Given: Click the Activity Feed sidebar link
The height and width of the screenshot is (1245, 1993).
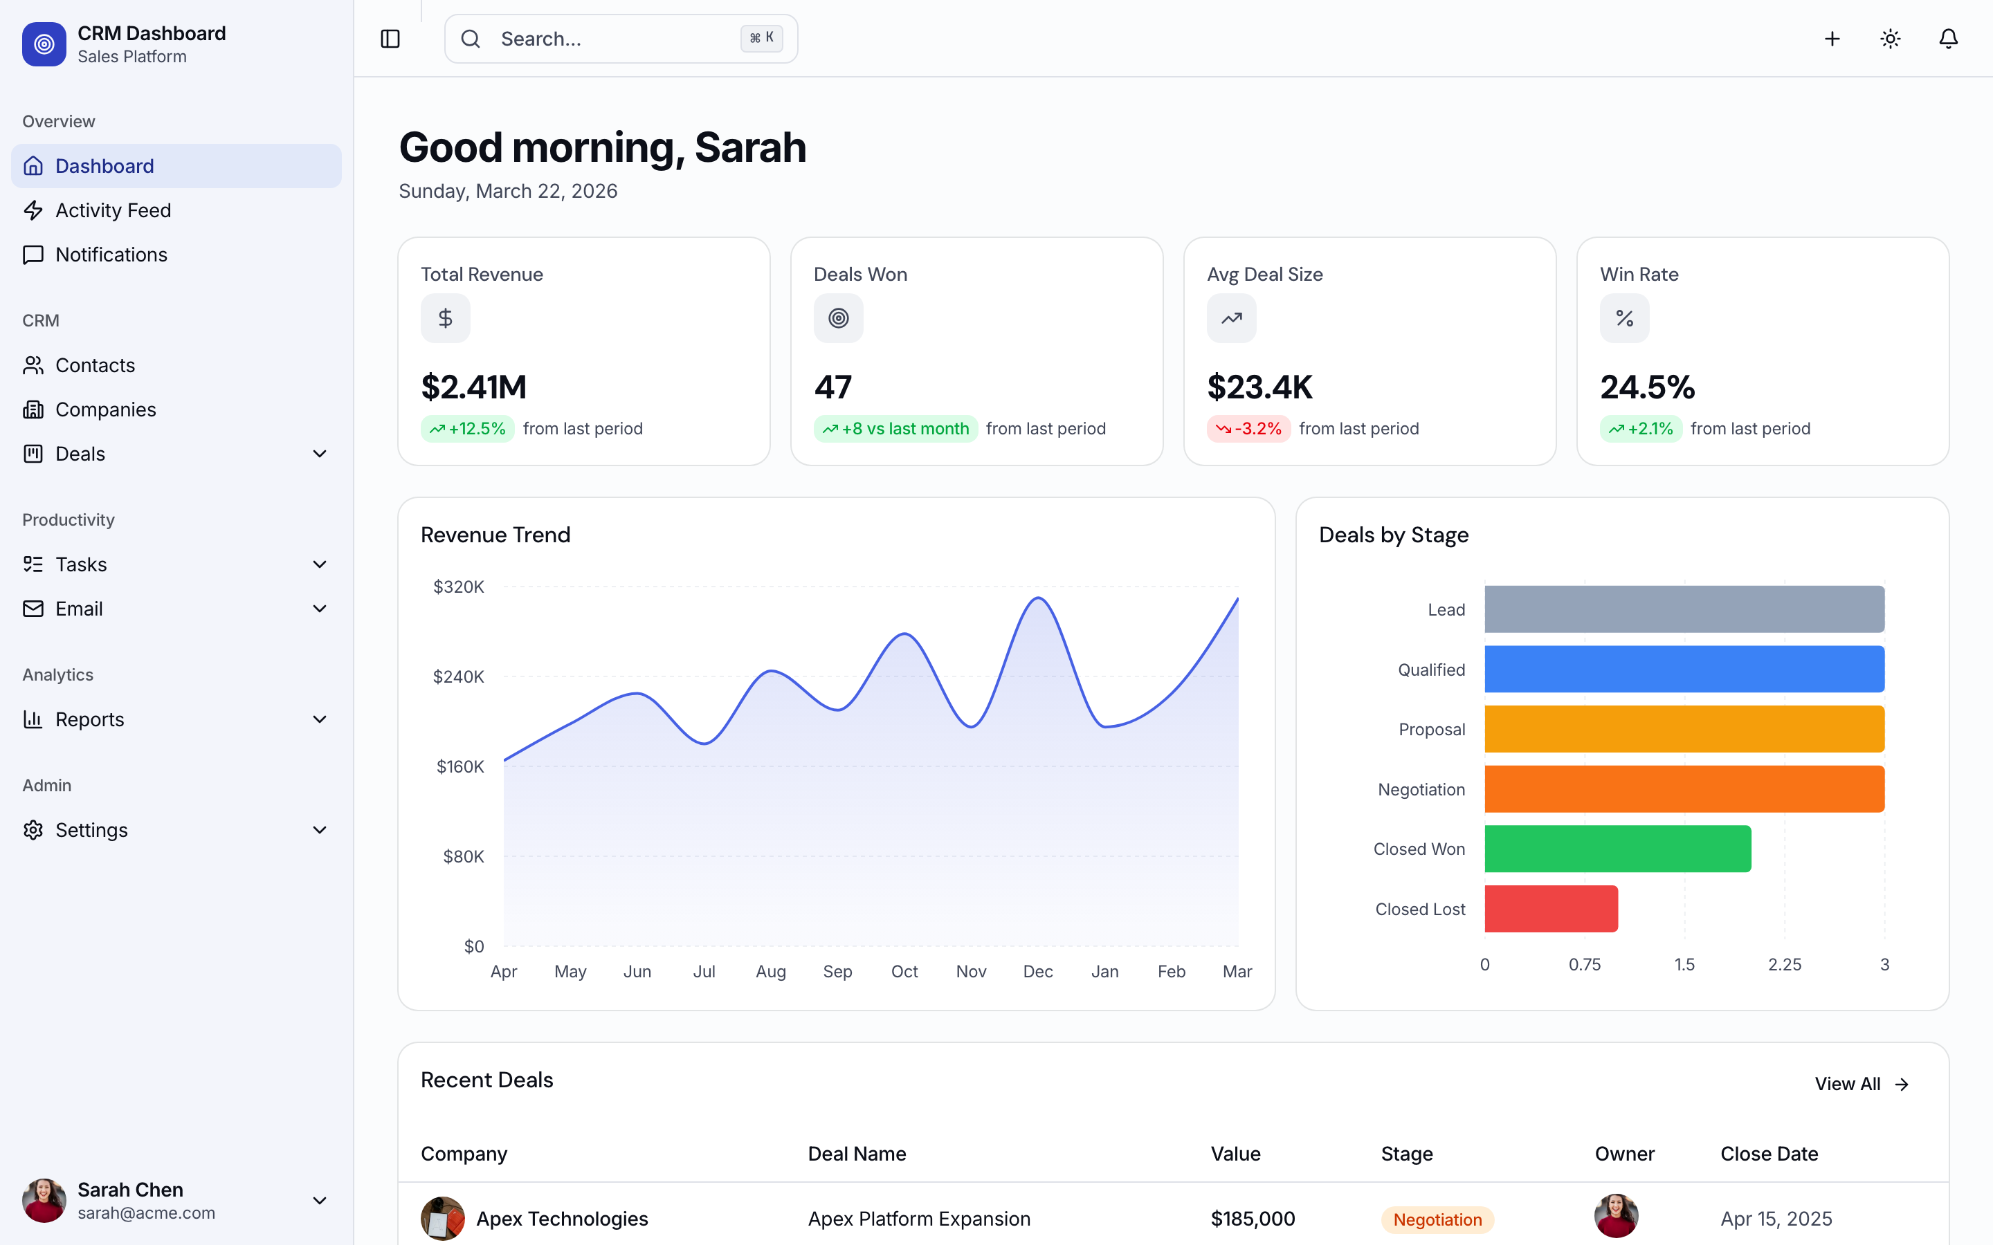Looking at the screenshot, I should click(x=113, y=211).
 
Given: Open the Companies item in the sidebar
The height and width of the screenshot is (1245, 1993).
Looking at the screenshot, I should click(x=105, y=409).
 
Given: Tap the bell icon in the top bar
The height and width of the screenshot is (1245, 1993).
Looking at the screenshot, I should click(x=1948, y=39).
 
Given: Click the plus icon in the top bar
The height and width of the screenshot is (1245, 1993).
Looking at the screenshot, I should click(x=1832, y=39).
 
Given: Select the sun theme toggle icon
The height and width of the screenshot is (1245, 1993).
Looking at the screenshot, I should click(x=1890, y=39).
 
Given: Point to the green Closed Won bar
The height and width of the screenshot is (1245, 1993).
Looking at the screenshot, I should click(x=1617, y=849).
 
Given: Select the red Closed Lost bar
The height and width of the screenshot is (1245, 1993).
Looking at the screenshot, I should click(x=1551, y=909).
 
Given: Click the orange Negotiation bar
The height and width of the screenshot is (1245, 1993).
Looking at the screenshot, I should click(x=1684, y=788).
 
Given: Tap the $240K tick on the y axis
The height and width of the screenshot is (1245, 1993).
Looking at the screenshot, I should click(x=458, y=677).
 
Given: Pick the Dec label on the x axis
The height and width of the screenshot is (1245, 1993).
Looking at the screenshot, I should click(x=1038, y=972).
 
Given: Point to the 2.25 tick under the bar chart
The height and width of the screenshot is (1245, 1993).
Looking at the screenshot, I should click(x=1784, y=964).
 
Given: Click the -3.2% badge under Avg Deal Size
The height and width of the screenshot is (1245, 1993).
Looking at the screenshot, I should click(x=1248, y=429).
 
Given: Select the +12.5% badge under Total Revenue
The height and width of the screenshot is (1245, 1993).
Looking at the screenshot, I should click(x=467, y=429).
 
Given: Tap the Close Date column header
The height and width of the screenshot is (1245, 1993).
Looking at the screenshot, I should click(x=1769, y=1154).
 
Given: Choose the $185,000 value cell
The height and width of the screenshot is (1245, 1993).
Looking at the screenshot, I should click(x=1253, y=1219).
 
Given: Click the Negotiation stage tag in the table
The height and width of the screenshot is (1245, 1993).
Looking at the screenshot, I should click(x=1437, y=1219).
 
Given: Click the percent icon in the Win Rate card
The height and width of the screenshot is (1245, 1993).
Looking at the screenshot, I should click(x=1624, y=319).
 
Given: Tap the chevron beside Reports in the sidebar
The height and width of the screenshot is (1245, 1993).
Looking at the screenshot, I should click(x=320, y=719).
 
